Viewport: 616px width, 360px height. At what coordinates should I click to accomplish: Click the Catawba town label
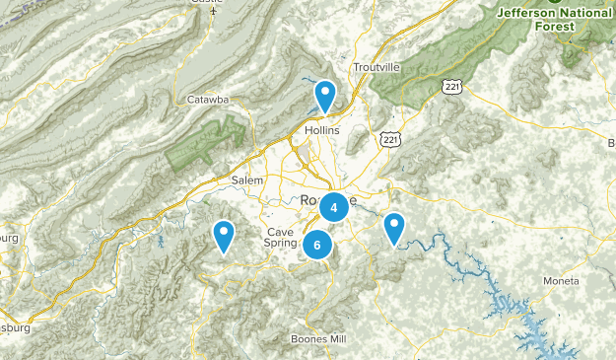pyautogui.click(x=208, y=100)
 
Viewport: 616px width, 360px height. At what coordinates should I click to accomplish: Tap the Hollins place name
pyautogui.click(x=322, y=130)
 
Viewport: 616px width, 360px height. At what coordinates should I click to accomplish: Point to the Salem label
pyautogui.click(x=247, y=180)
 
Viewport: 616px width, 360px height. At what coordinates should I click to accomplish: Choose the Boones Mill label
pyautogui.click(x=318, y=339)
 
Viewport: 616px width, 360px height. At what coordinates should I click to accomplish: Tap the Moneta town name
pyautogui.click(x=561, y=281)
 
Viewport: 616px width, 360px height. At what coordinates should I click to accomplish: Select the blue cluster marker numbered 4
pyautogui.click(x=334, y=207)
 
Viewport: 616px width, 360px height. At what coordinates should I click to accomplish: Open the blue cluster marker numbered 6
pyautogui.click(x=317, y=245)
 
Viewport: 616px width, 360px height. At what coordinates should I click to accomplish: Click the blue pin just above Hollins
pyautogui.click(x=324, y=96)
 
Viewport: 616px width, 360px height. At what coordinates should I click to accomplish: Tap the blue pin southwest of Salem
pyautogui.click(x=225, y=235)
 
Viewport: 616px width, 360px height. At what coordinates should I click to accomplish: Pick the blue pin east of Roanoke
pyautogui.click(x=394, y=228)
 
